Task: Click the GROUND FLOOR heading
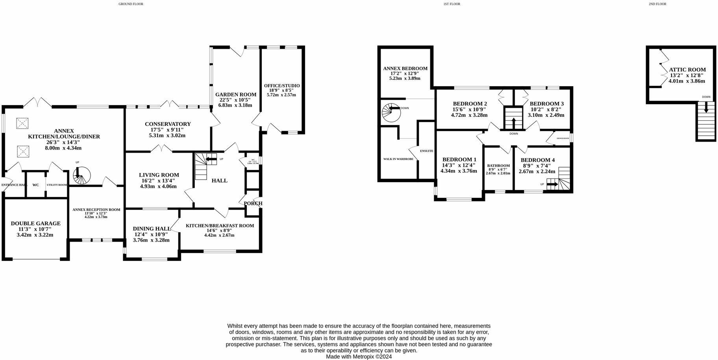pos(131,4)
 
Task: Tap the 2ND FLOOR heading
pos(657,4)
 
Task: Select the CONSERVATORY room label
pos(168,124)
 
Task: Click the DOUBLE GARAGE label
pos(35,223)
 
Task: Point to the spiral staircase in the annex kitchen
pos(82,175)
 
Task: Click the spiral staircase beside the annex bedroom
pos(391,113)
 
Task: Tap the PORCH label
pos(253,203)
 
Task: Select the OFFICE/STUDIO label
pos(281,86)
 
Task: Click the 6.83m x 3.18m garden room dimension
pos(235,105)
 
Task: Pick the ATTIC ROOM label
pos(687,70)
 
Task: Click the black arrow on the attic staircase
pos(706,107)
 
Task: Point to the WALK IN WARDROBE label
pos(398,159)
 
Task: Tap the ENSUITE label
pos(426,151)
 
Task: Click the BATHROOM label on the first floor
pos(498,166)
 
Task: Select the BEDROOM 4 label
pos(537,160)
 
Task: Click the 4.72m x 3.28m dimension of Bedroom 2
pos(469,115)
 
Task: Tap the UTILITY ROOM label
pos(57,185)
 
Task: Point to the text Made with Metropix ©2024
pos(359,356)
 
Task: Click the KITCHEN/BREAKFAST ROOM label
pos(220,225)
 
